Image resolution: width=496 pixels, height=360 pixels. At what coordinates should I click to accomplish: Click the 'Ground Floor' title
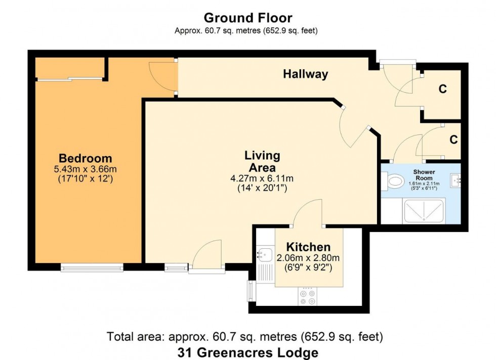pos(247,18)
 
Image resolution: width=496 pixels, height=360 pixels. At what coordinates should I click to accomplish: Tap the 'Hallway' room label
pos(305,74)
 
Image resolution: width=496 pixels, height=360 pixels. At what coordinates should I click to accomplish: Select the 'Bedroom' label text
pos(85,158)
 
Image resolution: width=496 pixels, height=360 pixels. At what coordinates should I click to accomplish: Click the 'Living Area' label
pos(262,161)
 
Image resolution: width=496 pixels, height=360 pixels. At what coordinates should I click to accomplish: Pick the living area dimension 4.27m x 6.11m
pos(262,178)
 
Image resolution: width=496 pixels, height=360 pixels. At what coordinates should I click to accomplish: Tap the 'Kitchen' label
pos(308,247)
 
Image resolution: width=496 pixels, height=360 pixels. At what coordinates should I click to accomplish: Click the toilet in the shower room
pos(393,181)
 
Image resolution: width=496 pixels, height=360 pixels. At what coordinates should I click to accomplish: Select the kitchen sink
pos(265,254)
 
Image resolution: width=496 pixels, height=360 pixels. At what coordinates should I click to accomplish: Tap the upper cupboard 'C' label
pos(442,89)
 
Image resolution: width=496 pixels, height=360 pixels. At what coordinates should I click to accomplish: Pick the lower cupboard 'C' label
pos(454,139)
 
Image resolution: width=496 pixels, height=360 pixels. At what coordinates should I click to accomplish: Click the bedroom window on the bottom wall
pos(92,267)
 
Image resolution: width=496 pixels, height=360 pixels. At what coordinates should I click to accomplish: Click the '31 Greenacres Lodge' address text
pos(247,352)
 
